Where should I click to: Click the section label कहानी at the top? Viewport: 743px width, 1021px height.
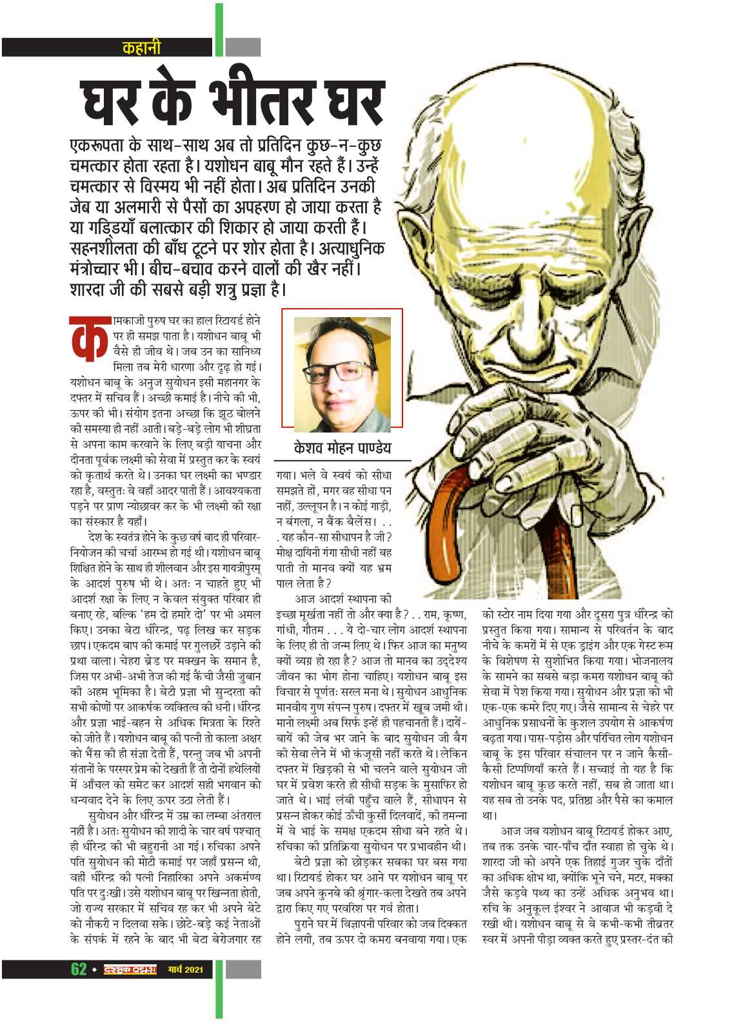point(141,47)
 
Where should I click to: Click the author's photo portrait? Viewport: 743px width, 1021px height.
point(342,374)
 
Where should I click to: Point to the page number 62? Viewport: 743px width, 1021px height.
point(78,969)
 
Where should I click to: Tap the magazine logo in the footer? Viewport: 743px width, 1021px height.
point(130,969)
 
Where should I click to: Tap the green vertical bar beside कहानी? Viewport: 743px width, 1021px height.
point(219,29)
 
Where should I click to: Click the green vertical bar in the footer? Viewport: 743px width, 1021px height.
point(219,987)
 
